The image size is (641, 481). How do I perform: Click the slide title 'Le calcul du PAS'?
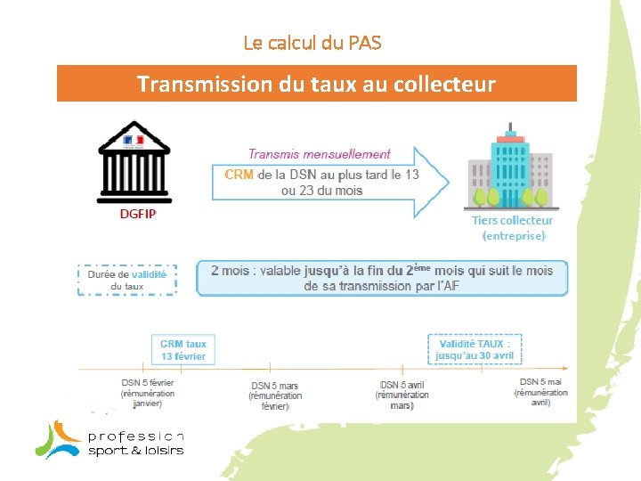pos(312,42)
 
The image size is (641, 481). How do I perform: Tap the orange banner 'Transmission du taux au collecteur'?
pos(316,84)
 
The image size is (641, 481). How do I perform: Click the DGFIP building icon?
pos(134,162)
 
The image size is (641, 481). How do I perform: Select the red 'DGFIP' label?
pos(138,214)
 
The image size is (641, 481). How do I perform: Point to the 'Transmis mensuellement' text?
pos(319,154)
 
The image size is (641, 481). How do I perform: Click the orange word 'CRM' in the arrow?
pos(239,175)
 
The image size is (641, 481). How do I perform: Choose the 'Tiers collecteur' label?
pos(512,220)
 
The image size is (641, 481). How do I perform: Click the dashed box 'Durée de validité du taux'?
pos(127,279)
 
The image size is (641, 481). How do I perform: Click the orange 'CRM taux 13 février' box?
pos(183,350)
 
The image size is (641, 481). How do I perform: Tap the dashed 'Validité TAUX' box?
pos(475,349)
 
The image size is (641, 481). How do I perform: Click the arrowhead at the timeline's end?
pos(565,366)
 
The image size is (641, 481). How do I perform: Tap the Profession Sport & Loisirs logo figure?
pos(59,439)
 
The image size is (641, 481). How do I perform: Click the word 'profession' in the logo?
pos(135,436)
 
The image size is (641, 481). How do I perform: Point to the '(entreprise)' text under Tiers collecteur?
pos(513,236)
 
